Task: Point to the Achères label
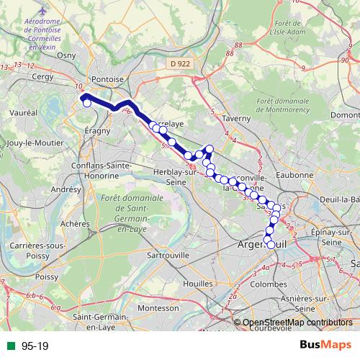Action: click(x=75, y=224)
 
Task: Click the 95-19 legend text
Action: click(x=35, y=346)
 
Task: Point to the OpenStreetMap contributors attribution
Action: click(x=295, y=323)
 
